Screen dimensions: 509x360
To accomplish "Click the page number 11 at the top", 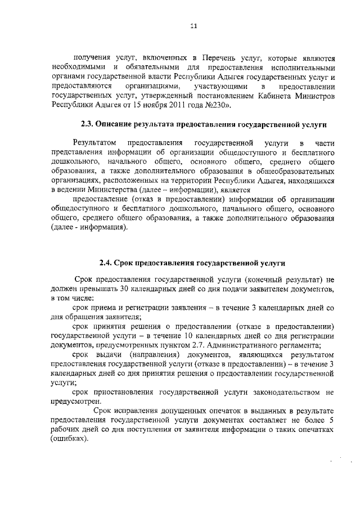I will tap(193, 24).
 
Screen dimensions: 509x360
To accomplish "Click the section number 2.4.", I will tap(105, 262).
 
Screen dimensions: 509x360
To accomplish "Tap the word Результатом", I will tap(94, 143).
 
